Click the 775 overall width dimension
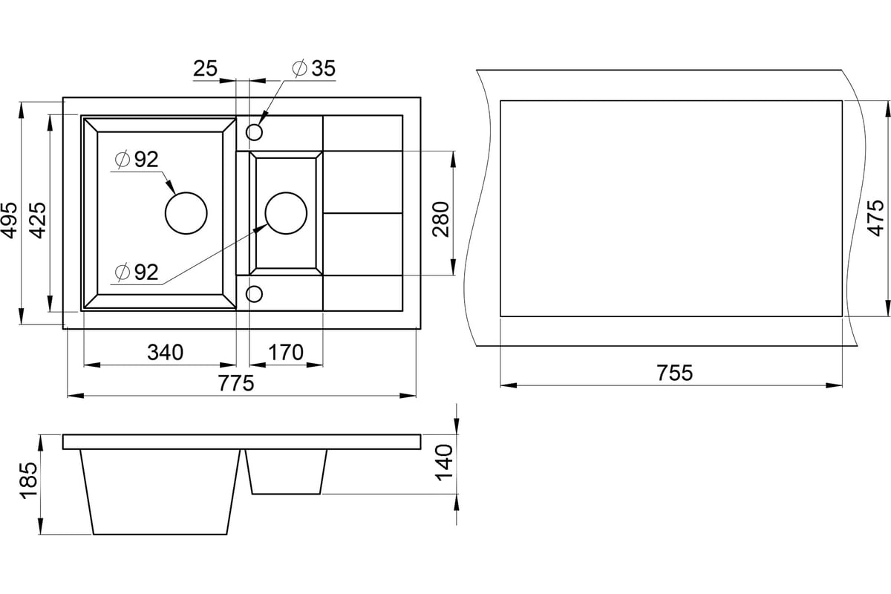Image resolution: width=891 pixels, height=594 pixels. click(x=237, y=384)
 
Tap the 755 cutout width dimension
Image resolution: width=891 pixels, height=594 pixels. click(x=674, y=373)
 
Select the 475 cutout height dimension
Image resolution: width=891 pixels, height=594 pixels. click(x=876, y=218)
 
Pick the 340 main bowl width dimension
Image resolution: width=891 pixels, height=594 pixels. click(x=165, y=352)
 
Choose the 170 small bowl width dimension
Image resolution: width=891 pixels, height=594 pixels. click(x=286, y=352)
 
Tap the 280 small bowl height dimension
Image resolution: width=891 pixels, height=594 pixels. click(x=441, y=219)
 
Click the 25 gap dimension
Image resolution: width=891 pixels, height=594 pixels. click(x=205, y=69)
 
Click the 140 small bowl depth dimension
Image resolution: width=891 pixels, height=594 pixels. click(x=445, y=462)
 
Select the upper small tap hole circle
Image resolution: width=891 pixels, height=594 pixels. click(x=254, y=133)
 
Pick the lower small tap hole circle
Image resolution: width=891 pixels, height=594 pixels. click(x=254, y=293)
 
